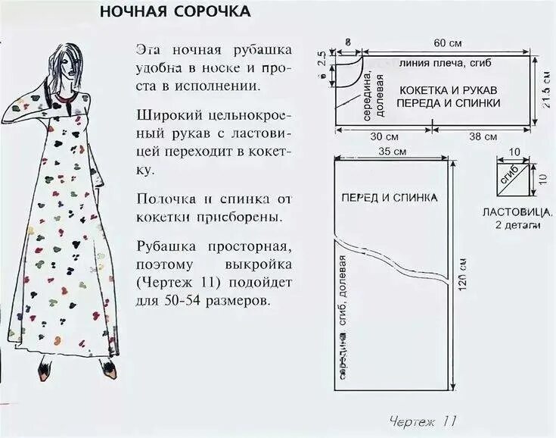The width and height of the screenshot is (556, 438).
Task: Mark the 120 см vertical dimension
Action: point(463,277)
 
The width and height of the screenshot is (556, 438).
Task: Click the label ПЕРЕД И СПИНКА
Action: point(389,197)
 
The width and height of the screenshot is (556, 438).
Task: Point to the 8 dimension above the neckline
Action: point(348,42)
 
